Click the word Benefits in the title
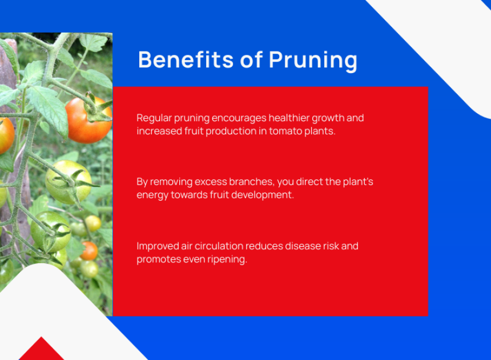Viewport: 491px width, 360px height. coord(186,59)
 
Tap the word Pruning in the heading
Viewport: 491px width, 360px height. coord(313,61)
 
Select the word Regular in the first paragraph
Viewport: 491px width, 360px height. coord(154,118)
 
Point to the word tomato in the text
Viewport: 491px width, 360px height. coord(285,131)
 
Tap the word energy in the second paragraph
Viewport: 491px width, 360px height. coord(152,195)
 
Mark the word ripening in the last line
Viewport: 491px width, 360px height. coord(231,259)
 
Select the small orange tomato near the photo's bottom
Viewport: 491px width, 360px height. coord(89,251)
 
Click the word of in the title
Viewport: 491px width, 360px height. coord(251,59)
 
